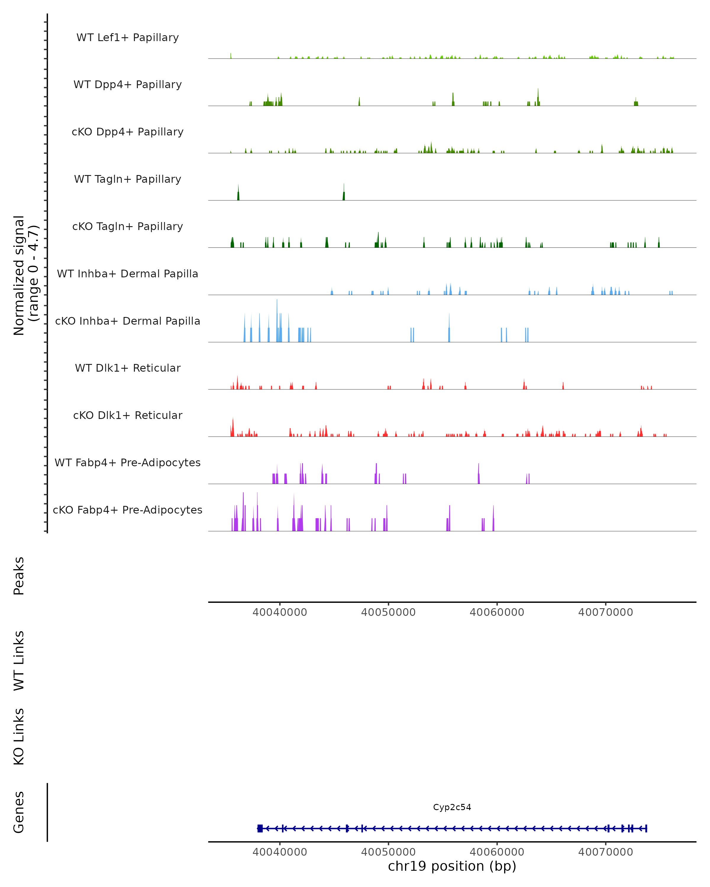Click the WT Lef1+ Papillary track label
(128, 38)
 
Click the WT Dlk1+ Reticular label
(128, 368)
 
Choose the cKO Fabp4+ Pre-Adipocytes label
(128, 510)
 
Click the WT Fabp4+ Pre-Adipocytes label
(128, 462)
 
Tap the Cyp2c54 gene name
(452, 807)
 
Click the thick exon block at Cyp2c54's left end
(260, 828)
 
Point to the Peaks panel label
(19, 576)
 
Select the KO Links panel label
(19, 737)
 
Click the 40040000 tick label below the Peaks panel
(280, 612)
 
